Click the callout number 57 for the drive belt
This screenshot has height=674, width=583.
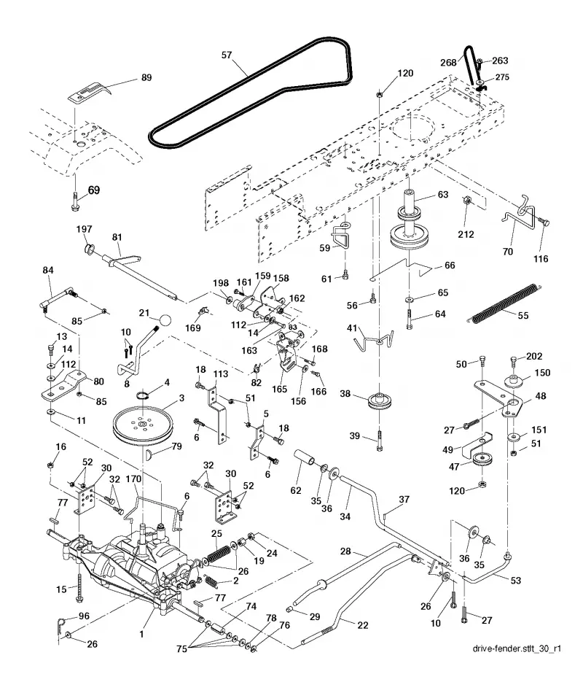(x=227, y=55)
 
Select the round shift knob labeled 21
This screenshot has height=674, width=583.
(x=165, y=320)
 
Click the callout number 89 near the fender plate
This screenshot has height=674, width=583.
(x=146, y=77)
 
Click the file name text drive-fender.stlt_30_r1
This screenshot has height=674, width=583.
(x=517, y=648)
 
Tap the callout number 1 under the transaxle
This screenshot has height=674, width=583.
(x=141, y=634)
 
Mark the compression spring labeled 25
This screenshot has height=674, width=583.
(x=219, y=554)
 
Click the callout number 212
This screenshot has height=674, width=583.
(x=466, y=234)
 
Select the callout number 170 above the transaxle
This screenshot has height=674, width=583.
(x=133, y=479)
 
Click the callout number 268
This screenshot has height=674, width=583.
(x=448, y=63)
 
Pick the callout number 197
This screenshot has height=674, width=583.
(x=84, y=229)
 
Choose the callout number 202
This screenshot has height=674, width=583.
(x=534, y=357)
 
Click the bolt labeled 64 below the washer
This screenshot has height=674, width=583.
(x=409, y=319)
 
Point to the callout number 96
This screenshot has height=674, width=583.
(x=84, y=616)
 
